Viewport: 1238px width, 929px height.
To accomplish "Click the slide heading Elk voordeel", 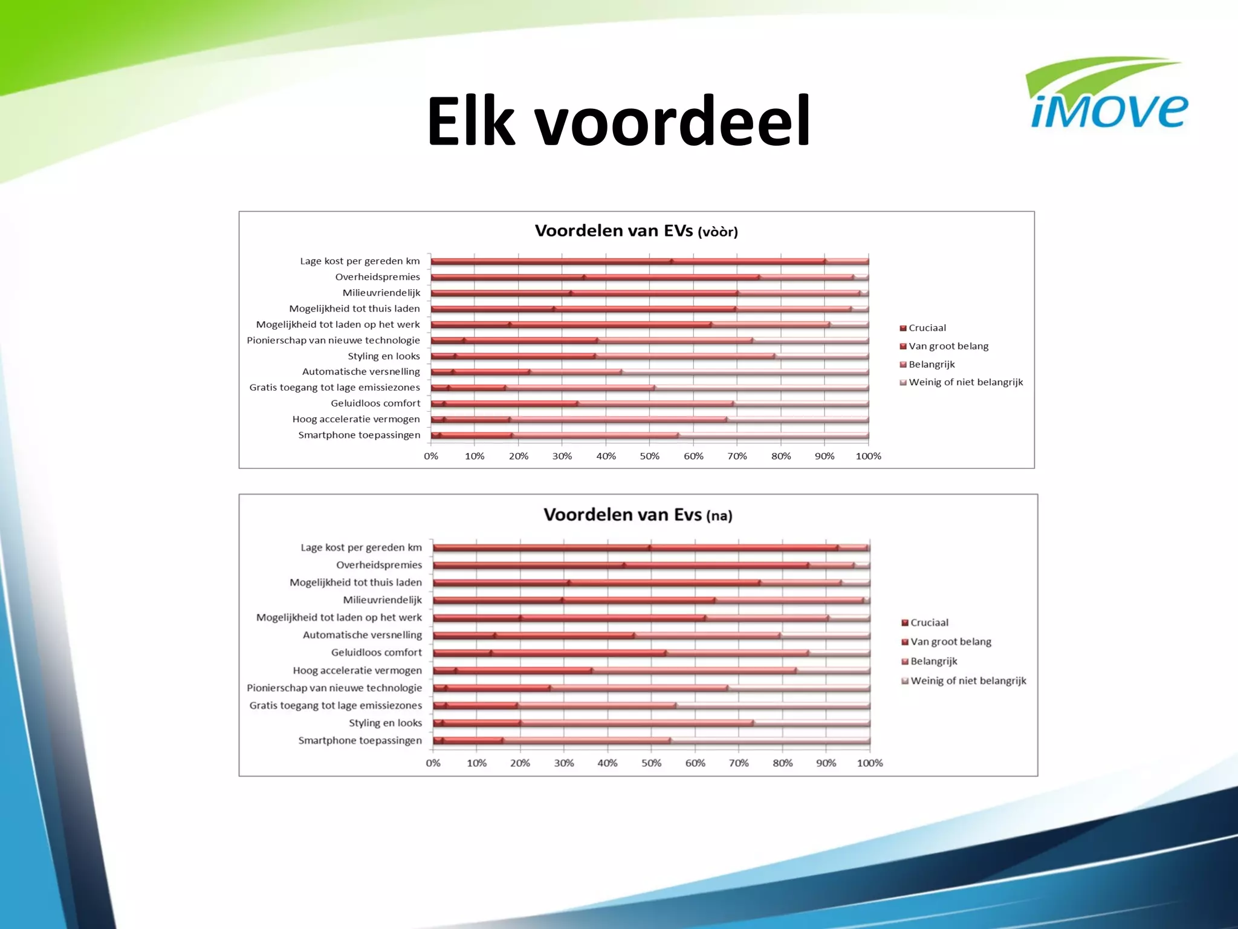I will (x=618, y=121).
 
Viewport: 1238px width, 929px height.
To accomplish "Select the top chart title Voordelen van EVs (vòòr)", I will (x=636, y=231).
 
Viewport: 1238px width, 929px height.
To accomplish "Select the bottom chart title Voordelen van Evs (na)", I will (x=638, y=515).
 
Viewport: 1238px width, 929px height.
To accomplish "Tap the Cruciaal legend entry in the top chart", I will (x=927, y=328).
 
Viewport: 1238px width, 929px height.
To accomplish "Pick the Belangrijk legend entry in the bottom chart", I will (x=933, y=661).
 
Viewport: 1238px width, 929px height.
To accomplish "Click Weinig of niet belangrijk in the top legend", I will (x=965, y=382).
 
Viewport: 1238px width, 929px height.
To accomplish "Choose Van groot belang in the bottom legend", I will (x=950, y=642).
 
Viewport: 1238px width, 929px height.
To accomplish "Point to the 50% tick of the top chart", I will (x=650, y=456).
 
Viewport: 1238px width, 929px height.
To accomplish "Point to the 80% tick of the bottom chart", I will (x=782, y=763).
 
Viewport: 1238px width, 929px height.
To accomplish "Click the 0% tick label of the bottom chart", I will (x=433, y=763).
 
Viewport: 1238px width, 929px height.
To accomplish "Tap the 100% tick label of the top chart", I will (x=868, y=456).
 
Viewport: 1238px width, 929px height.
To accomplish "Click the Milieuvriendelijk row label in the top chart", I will (x=381, y=293).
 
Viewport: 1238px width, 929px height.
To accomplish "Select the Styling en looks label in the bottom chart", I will (x=385, y=723).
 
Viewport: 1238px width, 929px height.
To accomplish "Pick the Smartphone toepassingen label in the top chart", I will (x=359, y=435).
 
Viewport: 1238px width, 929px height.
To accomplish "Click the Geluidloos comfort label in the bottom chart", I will (x=376, y=653).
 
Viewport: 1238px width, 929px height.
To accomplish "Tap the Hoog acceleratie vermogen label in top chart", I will (x=355, y=419).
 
